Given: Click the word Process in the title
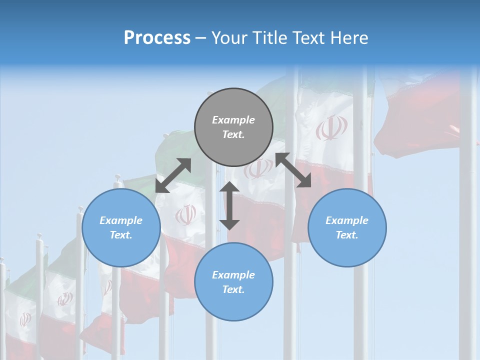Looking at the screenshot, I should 157,38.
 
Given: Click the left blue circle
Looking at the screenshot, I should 121,227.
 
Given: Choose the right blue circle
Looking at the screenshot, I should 347,227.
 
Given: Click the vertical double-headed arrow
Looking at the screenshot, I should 229,205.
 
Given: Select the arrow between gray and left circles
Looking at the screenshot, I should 173,175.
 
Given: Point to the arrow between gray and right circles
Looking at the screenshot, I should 293,170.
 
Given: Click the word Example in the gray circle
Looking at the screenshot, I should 233,120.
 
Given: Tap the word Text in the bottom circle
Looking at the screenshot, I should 233,289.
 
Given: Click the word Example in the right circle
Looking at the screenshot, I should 347,220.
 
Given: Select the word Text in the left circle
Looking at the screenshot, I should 121,235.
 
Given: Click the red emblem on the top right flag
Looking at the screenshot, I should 331,128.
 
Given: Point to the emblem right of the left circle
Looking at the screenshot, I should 185,215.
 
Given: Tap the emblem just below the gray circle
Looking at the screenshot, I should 258,169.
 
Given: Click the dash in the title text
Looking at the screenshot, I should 200,38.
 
